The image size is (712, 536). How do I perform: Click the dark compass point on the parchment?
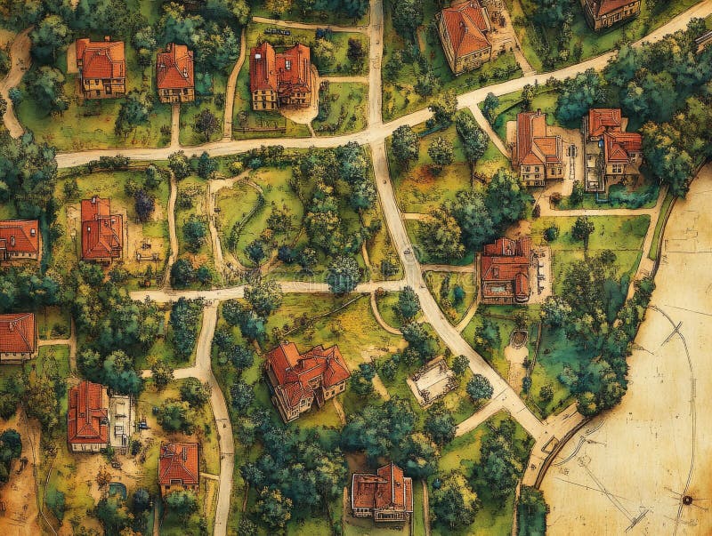click(686, 500)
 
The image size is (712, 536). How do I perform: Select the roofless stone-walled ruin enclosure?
click(433, 380)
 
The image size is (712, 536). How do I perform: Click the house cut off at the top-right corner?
click(611, 11)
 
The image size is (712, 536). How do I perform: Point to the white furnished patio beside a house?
click(120, 420)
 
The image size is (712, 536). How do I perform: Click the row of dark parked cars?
click(277, 32)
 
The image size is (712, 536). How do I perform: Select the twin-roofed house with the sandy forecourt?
click(280, 76)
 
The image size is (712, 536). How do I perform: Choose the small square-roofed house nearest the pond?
click(178, 465)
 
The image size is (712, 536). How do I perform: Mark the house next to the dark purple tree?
click(101, 228)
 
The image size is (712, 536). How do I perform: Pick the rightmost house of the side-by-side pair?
click(612, 147)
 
